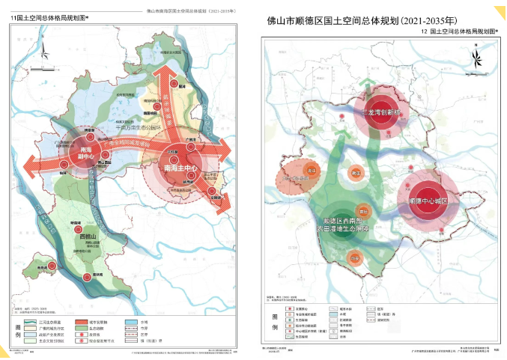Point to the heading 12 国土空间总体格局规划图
[438, 34]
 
